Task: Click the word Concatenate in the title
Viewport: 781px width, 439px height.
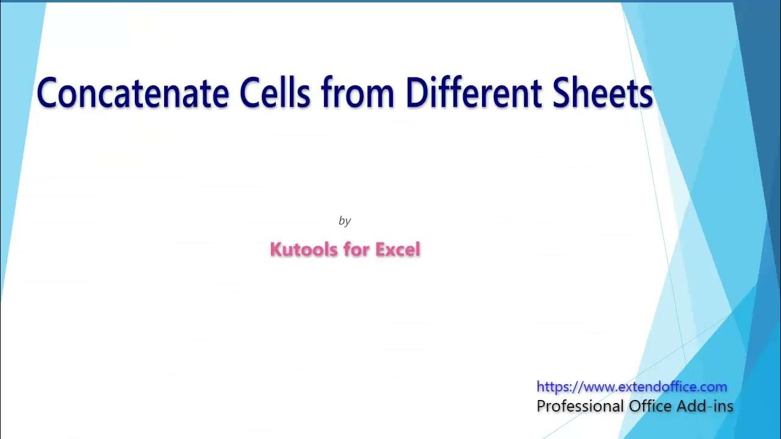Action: pos(133,93)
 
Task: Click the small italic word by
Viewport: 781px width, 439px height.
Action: pos(345,221)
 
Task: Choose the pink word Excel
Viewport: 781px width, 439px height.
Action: pos(397,249)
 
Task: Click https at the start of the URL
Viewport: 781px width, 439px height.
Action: pos(553,387)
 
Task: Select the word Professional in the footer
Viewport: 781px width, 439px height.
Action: pos(580,406)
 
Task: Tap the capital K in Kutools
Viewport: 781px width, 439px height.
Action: pos(275,249)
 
